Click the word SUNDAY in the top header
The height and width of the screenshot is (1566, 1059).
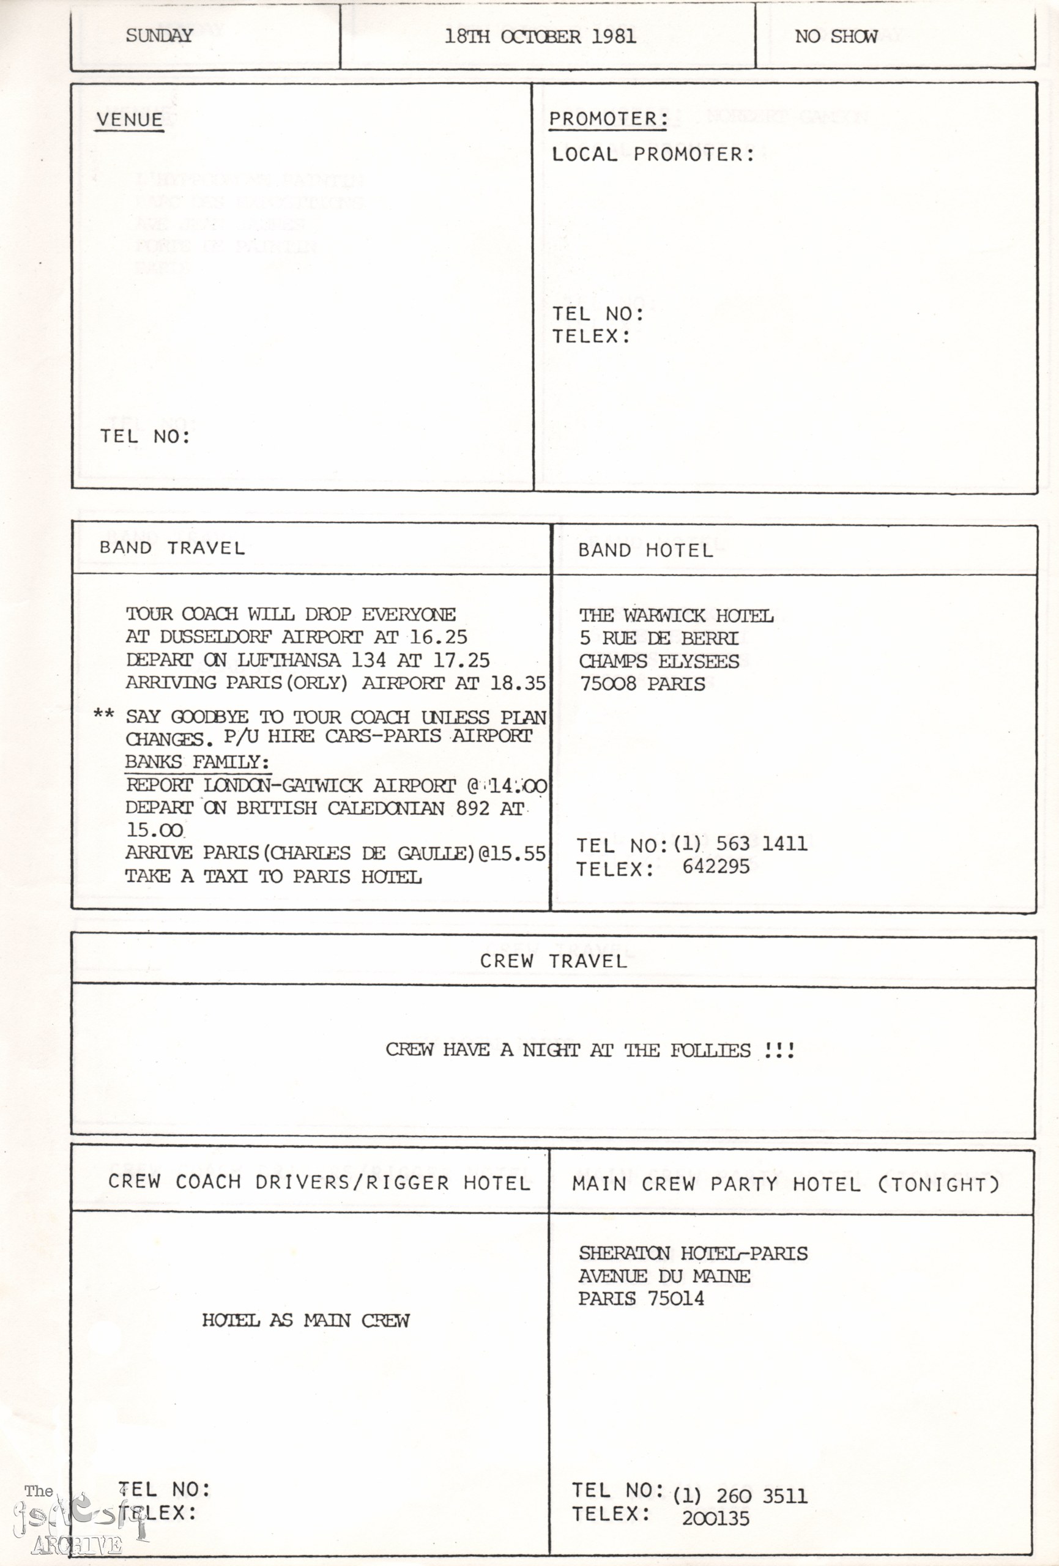point(159,35)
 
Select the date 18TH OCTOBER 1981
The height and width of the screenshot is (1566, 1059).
point(540,36)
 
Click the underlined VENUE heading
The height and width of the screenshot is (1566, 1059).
point(130,120)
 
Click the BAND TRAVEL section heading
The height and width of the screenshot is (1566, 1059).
point(172,548)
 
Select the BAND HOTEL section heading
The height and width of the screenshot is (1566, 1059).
point(645,551)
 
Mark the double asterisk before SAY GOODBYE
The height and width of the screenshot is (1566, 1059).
point(104,714)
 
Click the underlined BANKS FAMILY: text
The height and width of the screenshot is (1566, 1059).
point(197,762)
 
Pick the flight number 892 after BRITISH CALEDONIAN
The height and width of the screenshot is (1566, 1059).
point(472,808)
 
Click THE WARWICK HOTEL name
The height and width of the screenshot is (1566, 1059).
point(676,615)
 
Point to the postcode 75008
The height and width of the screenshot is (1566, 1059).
point(608,684)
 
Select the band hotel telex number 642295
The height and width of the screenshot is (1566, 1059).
point(716,867)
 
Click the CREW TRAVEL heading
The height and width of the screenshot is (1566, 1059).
point(553,961)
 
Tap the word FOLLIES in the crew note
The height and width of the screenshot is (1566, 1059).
point(710,1050)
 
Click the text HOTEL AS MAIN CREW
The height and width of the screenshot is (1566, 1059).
point(305,1320)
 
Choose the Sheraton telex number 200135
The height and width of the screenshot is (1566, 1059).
point(715,1518)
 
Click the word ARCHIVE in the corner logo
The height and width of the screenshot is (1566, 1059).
point(76,1545)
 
